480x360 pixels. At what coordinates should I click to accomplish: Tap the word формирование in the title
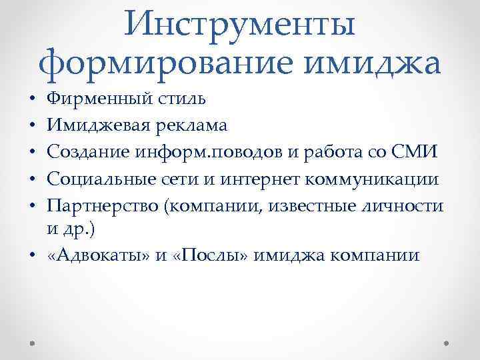tap(152, 64)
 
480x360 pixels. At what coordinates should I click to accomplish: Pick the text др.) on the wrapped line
tap(77, 230)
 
